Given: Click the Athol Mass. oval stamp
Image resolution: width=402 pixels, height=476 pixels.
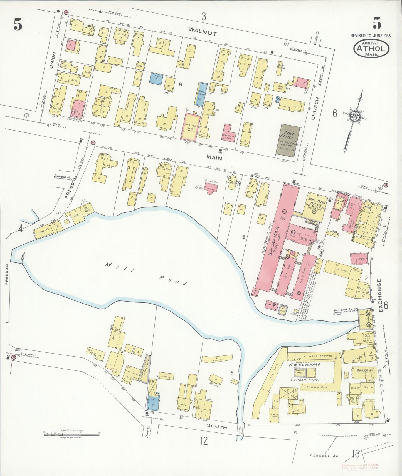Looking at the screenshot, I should pyautogui.click(x=371, y=49).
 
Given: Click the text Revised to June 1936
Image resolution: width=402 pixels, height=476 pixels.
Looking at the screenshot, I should pyautogui.click(x=370, y=36).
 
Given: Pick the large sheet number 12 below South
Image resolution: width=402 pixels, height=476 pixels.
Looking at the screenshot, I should pyautogui.click(x=204, y=441).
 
